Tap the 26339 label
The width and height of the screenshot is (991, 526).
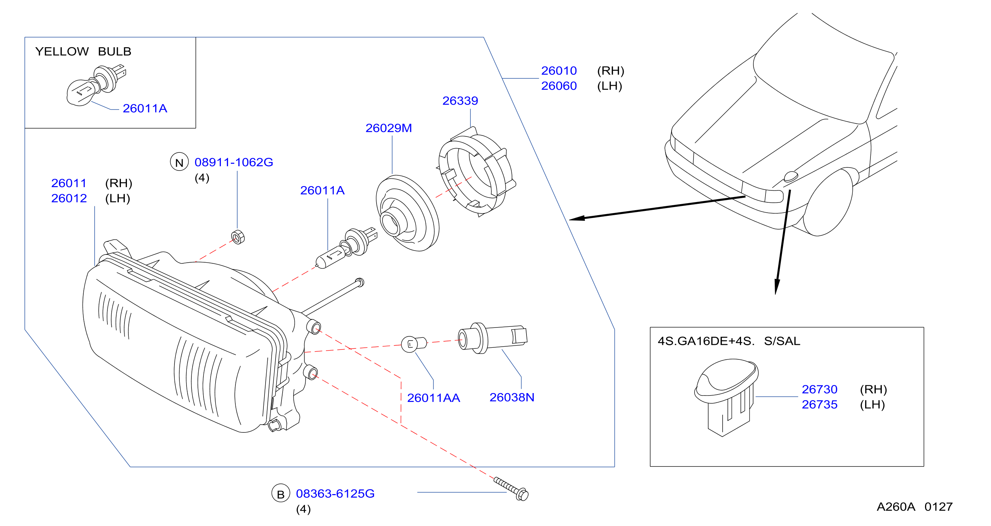[460, 101]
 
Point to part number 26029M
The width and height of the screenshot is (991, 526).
[389, 128]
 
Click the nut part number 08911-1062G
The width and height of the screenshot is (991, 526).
[234, 162]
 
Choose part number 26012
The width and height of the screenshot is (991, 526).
[69, 198]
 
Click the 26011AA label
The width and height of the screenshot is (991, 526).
[434, 398]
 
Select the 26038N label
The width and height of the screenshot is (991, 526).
[512, 397]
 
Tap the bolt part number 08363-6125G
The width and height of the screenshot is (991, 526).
[335, 494]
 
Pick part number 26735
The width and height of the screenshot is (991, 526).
[819, 404]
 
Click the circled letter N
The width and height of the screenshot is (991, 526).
[179, 162]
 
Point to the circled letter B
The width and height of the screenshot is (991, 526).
[281, 493]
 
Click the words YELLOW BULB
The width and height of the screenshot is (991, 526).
[83, 51]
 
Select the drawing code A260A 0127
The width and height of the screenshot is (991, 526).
[914, 507]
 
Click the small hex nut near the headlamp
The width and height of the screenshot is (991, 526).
[238, 237]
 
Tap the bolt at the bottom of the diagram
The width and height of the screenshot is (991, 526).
[511, 489]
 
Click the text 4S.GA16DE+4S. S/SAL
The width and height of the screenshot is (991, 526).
[729, 341]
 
